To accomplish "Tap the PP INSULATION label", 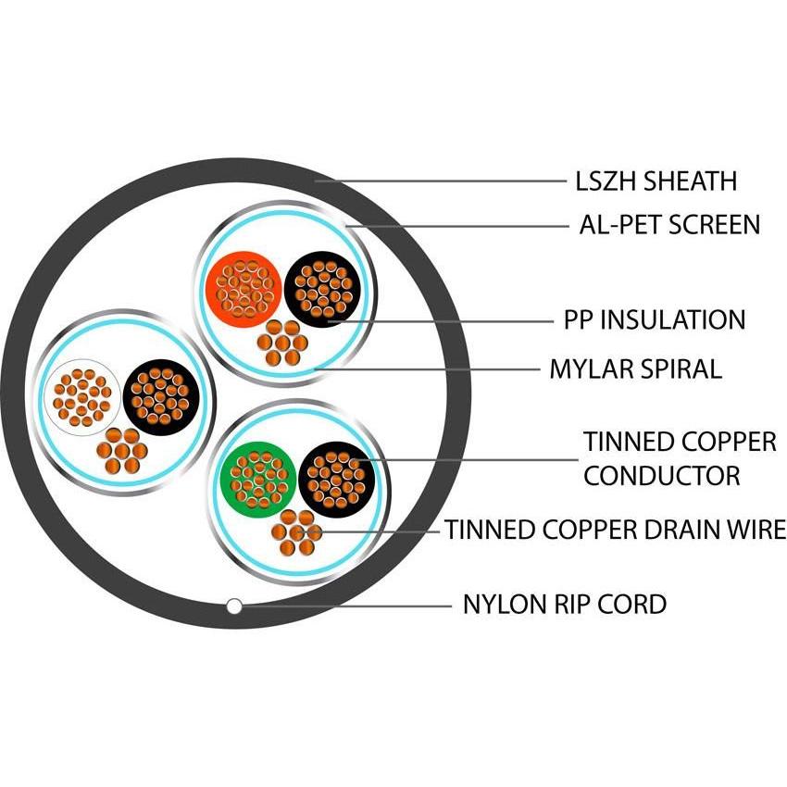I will click(655, 320).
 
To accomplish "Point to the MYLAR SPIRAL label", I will click(635, 369).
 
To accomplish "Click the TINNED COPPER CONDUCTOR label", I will click(680, 458).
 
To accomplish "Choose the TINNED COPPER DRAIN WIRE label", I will click(615, 531).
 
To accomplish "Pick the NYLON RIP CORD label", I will click(564, 605).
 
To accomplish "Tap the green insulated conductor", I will click(257, 478).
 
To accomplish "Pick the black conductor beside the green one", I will click(336, 478).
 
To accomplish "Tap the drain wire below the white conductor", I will click(121, 453).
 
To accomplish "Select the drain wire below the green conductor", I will click(297, 533).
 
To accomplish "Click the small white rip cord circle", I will click(235, 606).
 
